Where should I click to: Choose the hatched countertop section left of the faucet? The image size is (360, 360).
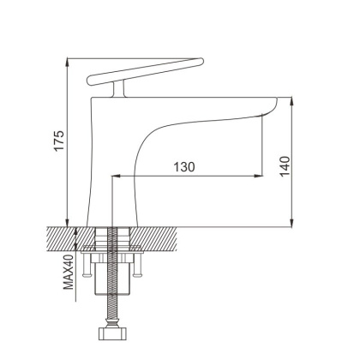tap(64, 235)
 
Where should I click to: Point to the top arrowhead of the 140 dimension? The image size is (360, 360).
tap(294, 99)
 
